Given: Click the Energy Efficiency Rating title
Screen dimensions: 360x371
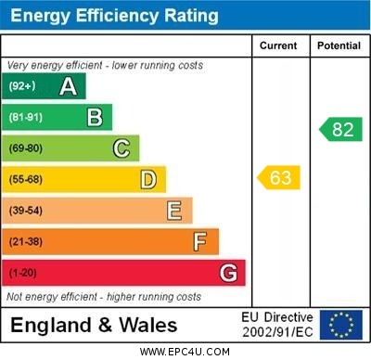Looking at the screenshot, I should click(x=114, y=16).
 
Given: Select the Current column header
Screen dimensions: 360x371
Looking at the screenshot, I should click(x=278, y=45).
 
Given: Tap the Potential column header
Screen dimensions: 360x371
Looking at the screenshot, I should click(x=339, y=45).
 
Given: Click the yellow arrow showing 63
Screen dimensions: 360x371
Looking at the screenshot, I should click(x=279, y=177).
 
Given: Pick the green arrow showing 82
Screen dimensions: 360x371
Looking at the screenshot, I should click(x=340, y=129).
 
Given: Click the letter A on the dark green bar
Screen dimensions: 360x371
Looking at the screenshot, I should click(x=68, y=87).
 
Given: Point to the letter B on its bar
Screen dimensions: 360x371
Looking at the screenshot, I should click(x=95, y=118).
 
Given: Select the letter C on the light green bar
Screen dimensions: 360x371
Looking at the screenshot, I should click(x=122, y=148).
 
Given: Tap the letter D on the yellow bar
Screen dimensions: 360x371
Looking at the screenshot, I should click(x=148, y=179).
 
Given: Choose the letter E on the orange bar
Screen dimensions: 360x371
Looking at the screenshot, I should click(x=174, y=211).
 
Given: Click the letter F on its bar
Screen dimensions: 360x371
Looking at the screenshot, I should click(x=200, y=242).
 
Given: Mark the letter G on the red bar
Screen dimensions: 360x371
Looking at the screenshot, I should click(x=228, y=273).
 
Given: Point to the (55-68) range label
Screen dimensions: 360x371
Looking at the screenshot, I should click(x=26, y=180).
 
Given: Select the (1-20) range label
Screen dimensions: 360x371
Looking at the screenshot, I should click(x=22, y=274).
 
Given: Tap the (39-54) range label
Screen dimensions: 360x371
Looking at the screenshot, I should click(x=26, y=212).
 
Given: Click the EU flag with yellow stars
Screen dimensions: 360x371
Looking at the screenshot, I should click(x=341, y=325).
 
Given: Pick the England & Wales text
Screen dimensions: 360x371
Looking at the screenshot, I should click(x=94, y=325).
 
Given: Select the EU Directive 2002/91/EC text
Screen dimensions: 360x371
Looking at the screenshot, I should click(x=277, y=325).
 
